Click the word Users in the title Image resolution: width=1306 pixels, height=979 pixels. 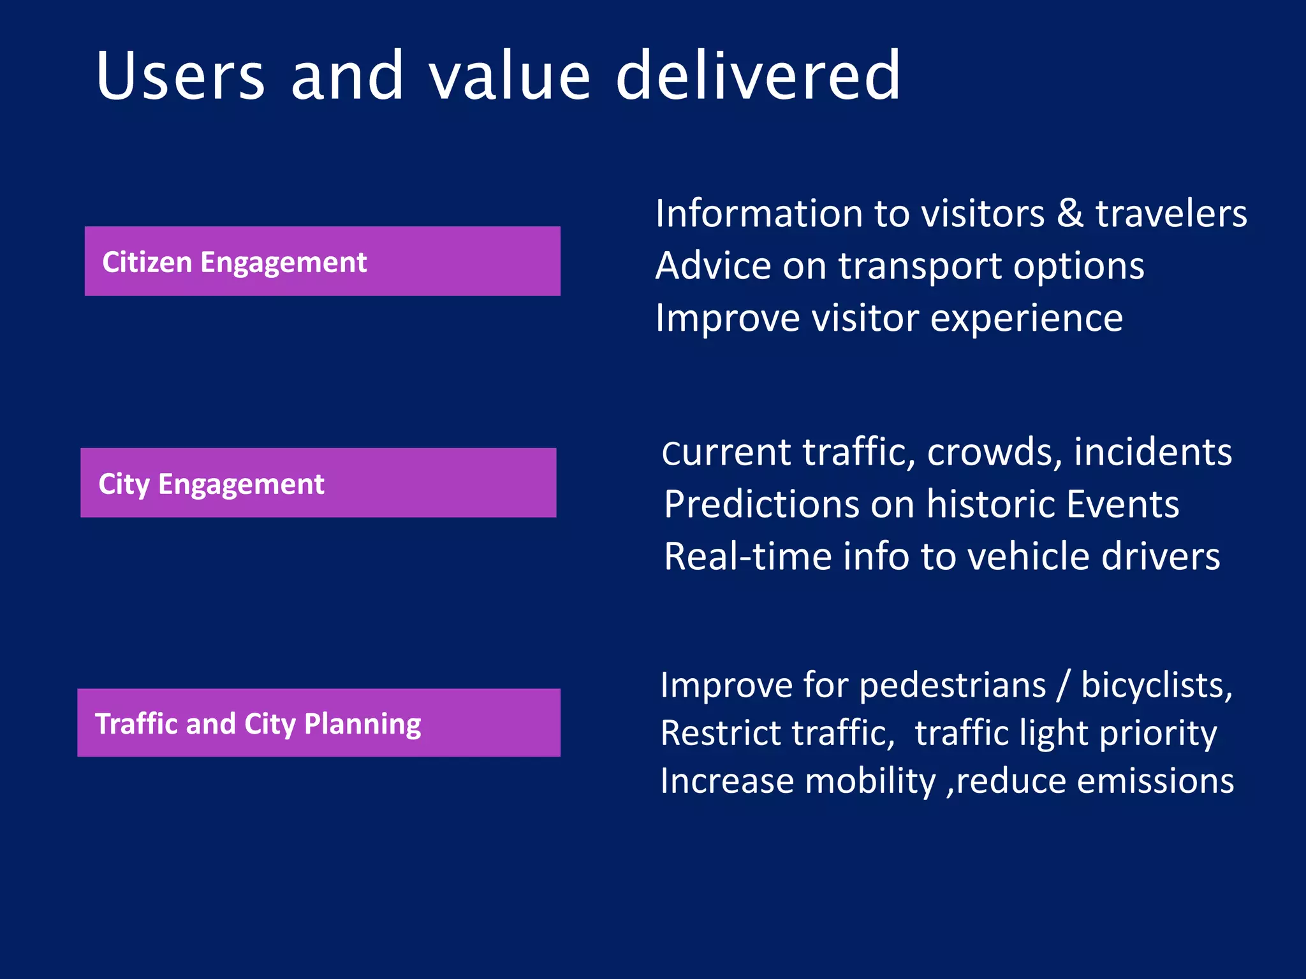(180, 76)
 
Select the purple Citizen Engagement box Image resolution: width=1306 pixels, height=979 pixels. (322, 261)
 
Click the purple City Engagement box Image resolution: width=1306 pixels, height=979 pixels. (318, 483)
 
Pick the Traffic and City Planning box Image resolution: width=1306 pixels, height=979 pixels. (318, 723)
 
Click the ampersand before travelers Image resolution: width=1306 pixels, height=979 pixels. (1070, 214)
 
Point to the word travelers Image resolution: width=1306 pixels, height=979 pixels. (1171, 214)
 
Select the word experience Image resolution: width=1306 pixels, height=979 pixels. (1026, 319)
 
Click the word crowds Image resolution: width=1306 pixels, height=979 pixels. (994, 453)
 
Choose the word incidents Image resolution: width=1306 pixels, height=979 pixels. (1152, 453)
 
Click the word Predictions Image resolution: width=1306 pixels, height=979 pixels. (761, 505)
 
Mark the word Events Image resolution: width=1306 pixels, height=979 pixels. (1122, 505)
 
